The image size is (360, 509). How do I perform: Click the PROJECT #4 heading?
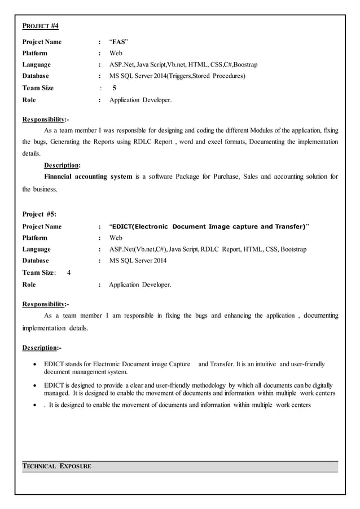(x=40, y=27)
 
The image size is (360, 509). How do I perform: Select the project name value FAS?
(x=118, y=42)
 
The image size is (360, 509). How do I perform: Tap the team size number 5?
(x=115, y=88)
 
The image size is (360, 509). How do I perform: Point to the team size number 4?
(x=68, y=273)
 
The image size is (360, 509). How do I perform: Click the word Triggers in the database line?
(x=175, y=76)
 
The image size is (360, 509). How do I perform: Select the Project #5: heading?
(x=39, y=214)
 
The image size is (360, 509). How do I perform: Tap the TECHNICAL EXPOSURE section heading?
(x=56, y=467)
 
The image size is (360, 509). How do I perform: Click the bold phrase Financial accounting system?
(x=88, y=177)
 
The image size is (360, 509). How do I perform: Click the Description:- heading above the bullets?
(x=42, y=348)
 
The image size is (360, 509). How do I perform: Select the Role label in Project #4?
(x=29, y=100)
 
